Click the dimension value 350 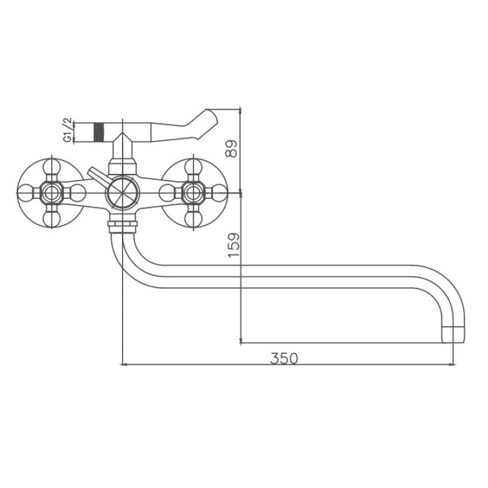point(284,358)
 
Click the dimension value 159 point(234,245)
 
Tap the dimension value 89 point(232,149)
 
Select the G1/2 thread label point(68,130)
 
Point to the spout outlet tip point(453,335)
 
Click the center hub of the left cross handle point(51,193)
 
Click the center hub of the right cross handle point(193,193)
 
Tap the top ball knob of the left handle point(51,167)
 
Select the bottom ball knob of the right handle point(193,219)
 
